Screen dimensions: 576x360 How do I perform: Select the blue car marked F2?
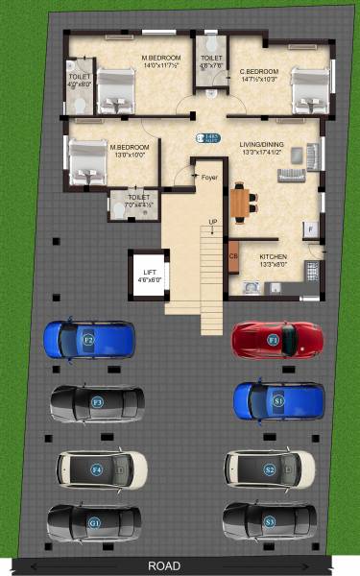[x=88, y=339]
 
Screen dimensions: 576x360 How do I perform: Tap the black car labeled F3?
[x=97, y=402]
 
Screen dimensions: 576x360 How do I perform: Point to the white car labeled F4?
[x=102, y=468]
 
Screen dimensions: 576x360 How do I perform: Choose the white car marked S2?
[x=270, y=468]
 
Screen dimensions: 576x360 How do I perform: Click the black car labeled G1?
[x=94, y=522]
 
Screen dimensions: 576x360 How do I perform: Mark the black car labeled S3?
[x=269, y=520]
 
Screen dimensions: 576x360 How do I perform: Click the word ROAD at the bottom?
[x=164, y=566]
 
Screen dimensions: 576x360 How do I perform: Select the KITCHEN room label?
[x=274, y=257]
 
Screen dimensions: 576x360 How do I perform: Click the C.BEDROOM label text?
[x=258, y=71]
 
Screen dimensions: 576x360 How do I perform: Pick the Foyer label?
[x=208, y=177]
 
